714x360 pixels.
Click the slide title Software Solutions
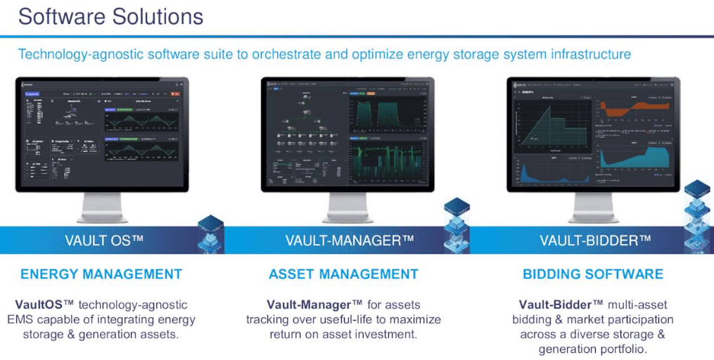point(110,16)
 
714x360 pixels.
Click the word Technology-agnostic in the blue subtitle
point(77,54)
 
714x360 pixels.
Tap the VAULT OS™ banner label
point(104,240)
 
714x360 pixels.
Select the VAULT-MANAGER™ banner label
point(350,240)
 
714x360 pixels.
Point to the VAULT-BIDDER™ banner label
point(595,240)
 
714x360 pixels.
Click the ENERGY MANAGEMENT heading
point(101,274)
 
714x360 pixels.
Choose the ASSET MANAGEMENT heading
point(343,274)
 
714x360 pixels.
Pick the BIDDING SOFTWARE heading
point(593,274)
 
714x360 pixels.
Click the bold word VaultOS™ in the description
point(44,304)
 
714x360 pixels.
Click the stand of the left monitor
point(102,208)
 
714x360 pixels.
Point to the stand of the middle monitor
point(348,208)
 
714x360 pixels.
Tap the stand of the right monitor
point(593,208)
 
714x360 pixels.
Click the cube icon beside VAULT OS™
point(210,234)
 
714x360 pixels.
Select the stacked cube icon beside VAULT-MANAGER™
point(457,225)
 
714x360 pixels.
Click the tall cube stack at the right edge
point(699,218)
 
